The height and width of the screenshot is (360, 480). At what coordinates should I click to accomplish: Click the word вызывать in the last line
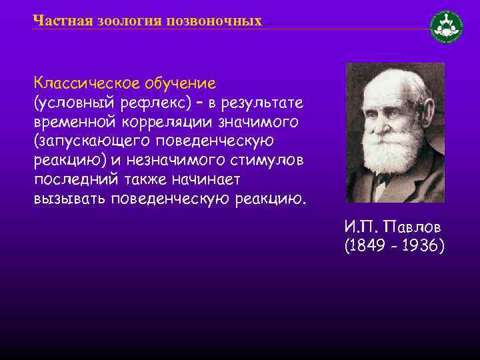[70, 200]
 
